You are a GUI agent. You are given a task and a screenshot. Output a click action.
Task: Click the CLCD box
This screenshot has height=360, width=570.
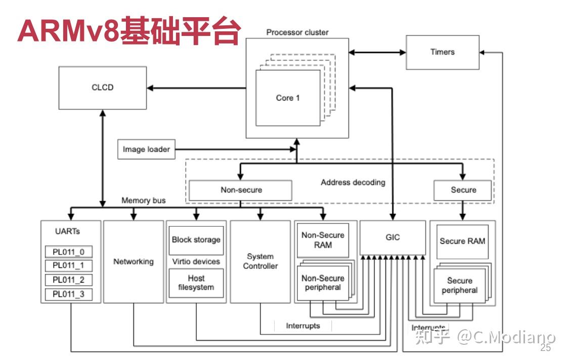(103, 87)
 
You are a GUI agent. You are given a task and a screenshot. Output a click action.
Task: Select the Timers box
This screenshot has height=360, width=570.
(443, 52)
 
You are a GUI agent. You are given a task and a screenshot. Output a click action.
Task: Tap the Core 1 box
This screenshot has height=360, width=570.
(288, 98)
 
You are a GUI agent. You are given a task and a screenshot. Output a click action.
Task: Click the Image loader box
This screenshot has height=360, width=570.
(146, 150)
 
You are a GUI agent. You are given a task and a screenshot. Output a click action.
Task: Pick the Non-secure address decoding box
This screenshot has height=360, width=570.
(241, 190)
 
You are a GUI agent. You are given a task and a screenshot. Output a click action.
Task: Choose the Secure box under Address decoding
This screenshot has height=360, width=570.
(463, 190)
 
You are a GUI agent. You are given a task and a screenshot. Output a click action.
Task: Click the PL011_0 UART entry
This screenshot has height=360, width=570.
(69, 252)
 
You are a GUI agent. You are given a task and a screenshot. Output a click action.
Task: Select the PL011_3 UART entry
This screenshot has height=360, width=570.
(69, 294)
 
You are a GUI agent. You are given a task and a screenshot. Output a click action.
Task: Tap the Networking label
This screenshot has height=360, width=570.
(134, 261)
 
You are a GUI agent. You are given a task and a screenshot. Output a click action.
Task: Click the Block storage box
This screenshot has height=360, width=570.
(196, 240)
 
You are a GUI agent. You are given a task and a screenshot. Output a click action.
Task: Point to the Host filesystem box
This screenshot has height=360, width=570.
(196, 283)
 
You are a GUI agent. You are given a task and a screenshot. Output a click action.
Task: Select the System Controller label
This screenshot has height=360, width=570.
(260, 261)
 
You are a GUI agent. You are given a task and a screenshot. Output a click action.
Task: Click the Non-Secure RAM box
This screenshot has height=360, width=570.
(323, 240)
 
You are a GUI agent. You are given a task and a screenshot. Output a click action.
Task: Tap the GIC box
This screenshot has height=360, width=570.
(392, 237)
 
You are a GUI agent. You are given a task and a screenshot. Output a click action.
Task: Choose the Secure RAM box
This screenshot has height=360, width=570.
(462, 241)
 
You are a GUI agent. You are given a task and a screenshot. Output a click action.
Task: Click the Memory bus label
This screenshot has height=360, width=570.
(143, 201)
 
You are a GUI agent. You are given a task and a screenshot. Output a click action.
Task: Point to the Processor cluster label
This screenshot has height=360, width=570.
(297, 32)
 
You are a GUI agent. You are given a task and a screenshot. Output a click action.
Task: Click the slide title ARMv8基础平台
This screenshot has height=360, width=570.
(128, 31)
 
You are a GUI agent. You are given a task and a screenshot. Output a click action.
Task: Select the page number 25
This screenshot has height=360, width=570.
(545, 348)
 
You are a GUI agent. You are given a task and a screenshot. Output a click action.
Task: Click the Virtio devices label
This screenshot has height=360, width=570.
(196, 261)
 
